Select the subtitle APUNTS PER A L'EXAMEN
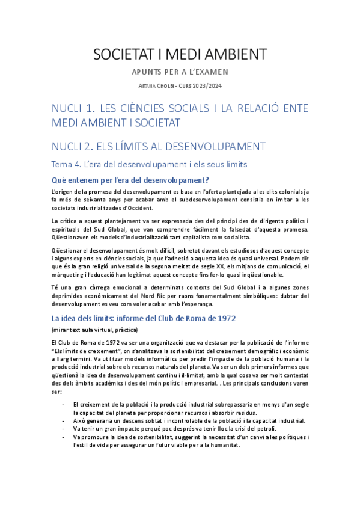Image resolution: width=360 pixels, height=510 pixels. pyautogui.click(x=180, y=73)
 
